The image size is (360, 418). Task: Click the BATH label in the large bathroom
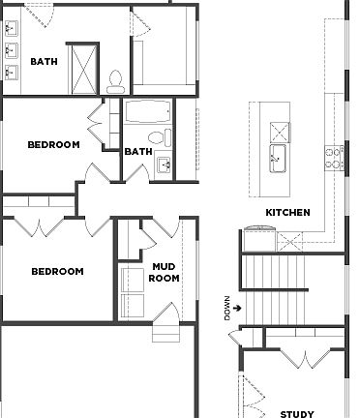coord(45,62)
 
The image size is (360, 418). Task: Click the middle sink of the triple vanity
coord(12,50)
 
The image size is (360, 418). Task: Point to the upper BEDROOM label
coord(53,145)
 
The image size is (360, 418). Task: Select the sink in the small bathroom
coord(165,165)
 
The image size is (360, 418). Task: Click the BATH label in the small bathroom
coord(138,151)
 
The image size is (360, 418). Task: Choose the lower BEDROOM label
coord(57,272)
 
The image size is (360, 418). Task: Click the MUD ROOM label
coord(165,272)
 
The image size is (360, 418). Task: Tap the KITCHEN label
coord(287,212)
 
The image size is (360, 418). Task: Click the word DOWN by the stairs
coord(228,308)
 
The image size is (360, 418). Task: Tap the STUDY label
coord(296,414)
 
